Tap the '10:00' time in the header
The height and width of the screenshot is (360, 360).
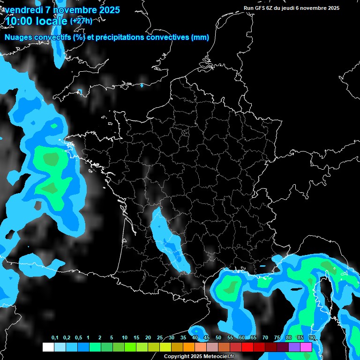point(20,21)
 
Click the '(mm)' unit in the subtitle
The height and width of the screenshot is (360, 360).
point(200,37)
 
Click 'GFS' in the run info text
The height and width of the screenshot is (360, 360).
point(260,8)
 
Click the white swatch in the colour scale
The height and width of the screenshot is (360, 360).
point(48,347)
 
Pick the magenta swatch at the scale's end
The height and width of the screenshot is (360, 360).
point(306,347)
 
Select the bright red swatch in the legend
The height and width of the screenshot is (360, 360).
point(247,347)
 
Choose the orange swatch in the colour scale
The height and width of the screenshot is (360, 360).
point(189,347)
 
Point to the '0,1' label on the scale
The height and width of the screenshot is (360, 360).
point(55,338)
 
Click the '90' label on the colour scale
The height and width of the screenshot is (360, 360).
point(312,338)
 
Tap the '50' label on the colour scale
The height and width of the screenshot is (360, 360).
point(218,338)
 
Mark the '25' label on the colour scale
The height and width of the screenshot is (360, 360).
point(160,338)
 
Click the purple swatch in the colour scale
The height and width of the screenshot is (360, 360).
point(294,347)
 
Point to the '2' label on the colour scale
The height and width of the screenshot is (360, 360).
point(100,338)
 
